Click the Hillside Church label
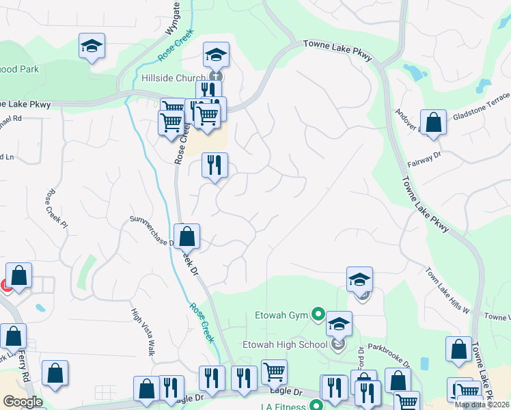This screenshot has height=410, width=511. click(x=173, y=78)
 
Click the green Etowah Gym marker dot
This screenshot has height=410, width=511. click(x=318, y=315)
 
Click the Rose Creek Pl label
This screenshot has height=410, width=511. click(x=57, y=208)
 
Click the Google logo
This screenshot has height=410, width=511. click(x=23, y=402)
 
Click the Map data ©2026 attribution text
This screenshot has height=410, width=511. click(x=482, y=405)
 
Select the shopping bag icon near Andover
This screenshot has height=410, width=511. click(x=433, y=123)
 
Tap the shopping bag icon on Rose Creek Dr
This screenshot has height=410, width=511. click(x=187, y=236)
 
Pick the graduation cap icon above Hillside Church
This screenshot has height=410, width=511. click(x=216, y=54)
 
